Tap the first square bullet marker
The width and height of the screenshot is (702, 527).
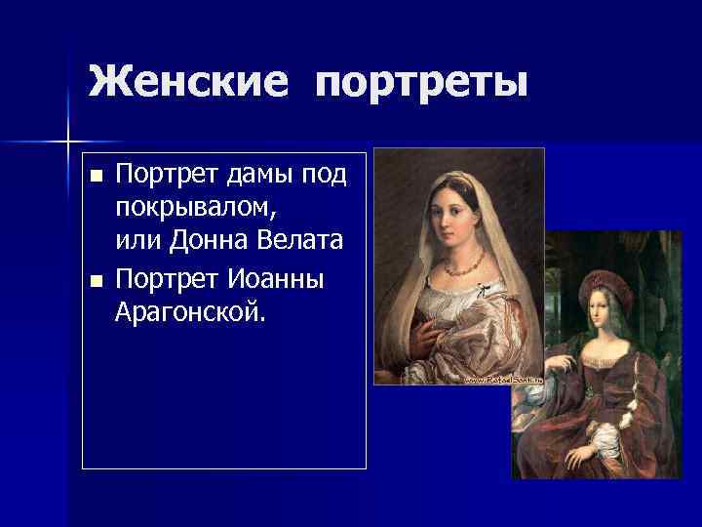click(94, 177)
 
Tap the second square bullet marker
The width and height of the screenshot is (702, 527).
click(94, 282)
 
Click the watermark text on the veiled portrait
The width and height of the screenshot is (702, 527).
click(502, 378)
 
